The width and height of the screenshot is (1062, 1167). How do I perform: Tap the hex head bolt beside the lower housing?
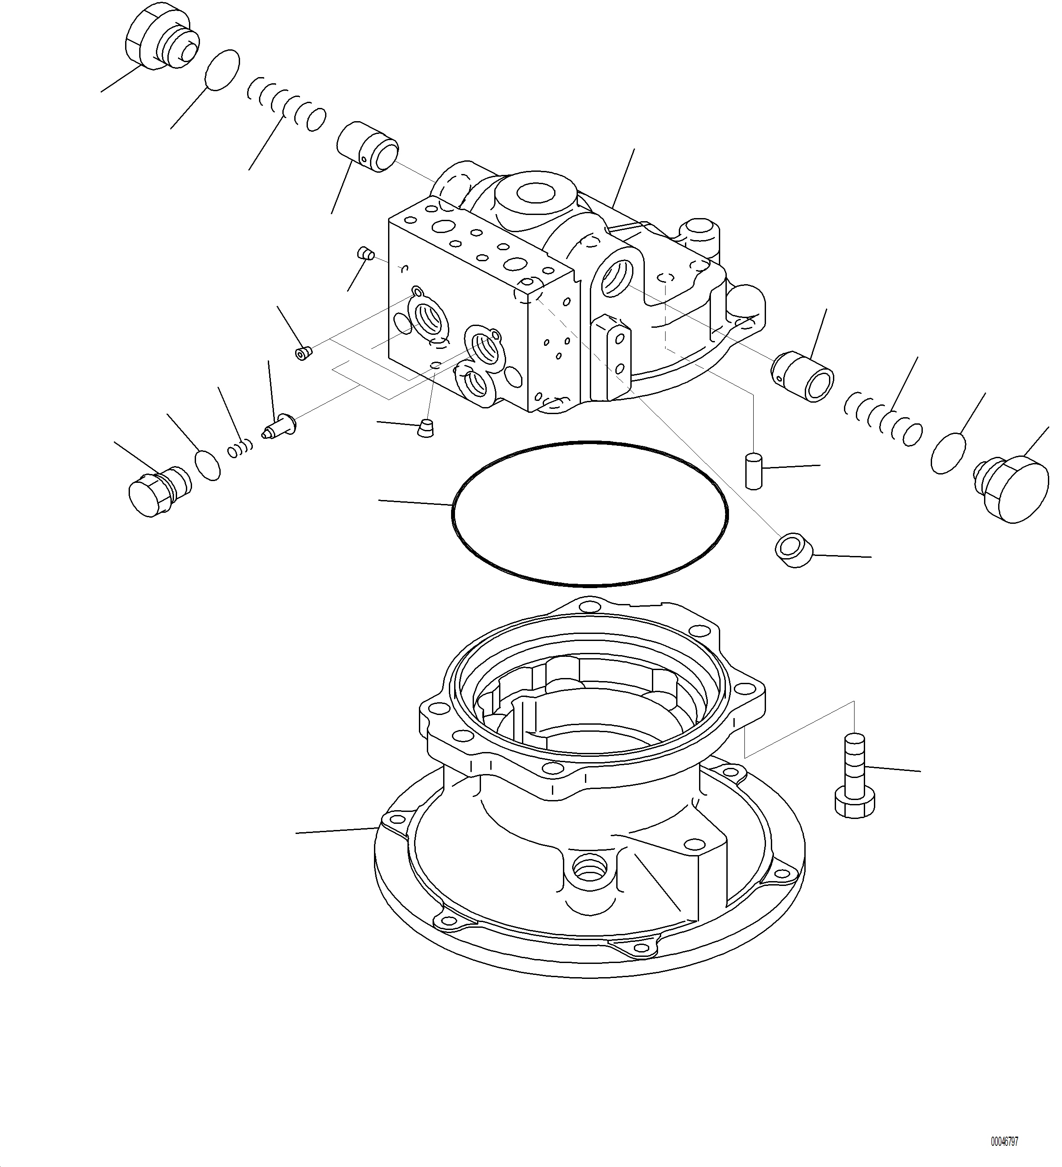[855, 776]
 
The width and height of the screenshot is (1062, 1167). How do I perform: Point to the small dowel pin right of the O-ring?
[753, 472]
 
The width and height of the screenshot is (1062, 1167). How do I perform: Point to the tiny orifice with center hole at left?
[303, 352]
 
